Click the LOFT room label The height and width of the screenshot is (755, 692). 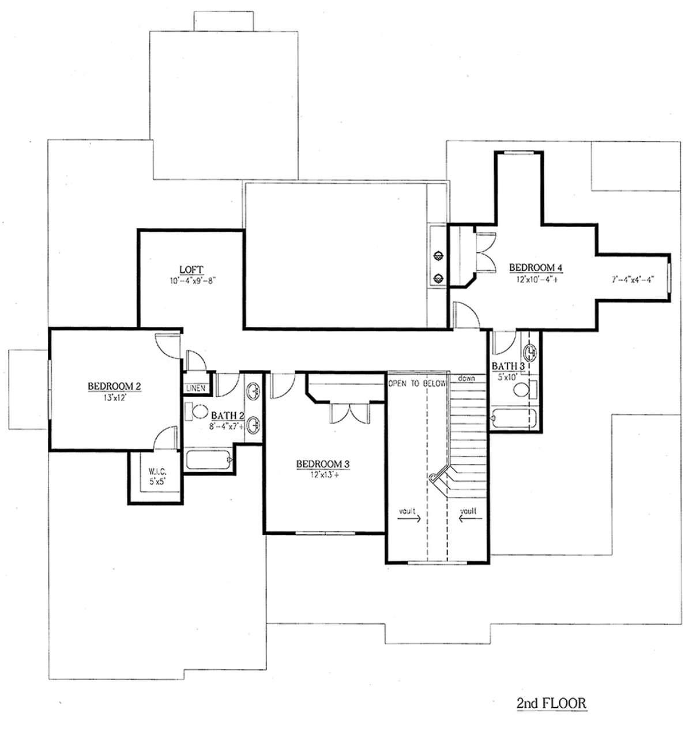[191, 270]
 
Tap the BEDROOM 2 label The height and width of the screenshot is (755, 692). [114, 386]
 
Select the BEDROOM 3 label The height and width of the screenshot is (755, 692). [323, 464]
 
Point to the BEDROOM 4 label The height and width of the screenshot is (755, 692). [536, 267]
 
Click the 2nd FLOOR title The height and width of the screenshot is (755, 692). [551, 703]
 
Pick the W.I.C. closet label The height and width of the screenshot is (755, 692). [157, 471]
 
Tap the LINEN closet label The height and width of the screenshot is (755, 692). [196, 388]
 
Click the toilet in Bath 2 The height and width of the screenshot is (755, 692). [197, 411]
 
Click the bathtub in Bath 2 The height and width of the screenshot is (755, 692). [209, 459]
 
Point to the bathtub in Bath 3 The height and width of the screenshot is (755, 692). [513, 418]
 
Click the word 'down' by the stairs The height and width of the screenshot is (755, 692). [467, 378]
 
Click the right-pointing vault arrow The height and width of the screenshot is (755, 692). [409, 519]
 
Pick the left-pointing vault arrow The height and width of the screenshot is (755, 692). [471, 519]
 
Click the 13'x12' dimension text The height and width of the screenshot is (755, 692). [114, 397]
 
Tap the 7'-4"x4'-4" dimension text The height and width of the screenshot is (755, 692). [633, 280]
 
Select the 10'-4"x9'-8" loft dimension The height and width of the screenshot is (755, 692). [192, 281]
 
